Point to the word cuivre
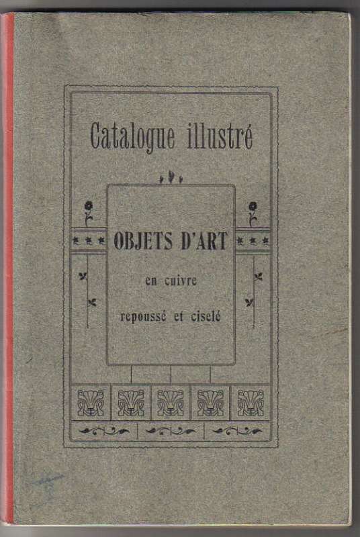(x=181, y=281)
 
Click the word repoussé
(x=143, y=317)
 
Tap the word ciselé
(x=206, y=316)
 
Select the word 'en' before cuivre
(x=151, y=282)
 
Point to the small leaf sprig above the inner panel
(x=171, y=179)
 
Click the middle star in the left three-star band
(x=89, y=241)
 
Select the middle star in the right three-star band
(x=253, y=241)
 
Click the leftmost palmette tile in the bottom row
(x=91, y=403)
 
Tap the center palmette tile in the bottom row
(x=171, y=403)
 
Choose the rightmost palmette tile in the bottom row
(x=251, y=403)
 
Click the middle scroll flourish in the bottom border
(x=171, y=431)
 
